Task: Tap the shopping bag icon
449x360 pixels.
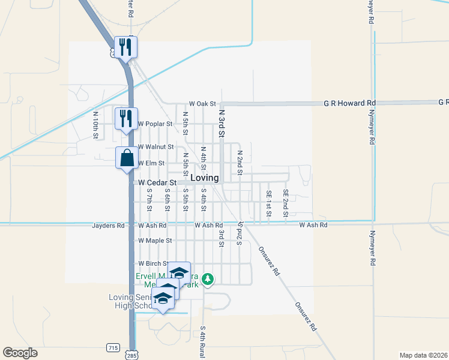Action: tap(127, 159)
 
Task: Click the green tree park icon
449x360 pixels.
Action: tap(208, 279)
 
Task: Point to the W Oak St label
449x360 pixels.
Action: tap(202, 104)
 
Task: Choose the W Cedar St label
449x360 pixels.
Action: tap(157, 182)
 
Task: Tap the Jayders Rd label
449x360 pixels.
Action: tap(108, 226)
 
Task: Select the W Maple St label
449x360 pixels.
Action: tap(155, 241)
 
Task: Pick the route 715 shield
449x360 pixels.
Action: tap(113, 347)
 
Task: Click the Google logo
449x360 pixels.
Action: tap(20, 353)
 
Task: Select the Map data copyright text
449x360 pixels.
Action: tap(424, 355)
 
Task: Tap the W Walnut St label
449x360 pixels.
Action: tap(155, 146)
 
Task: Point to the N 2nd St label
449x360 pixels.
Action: tap(239, 162)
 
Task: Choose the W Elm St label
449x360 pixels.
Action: tap(151, 163)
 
